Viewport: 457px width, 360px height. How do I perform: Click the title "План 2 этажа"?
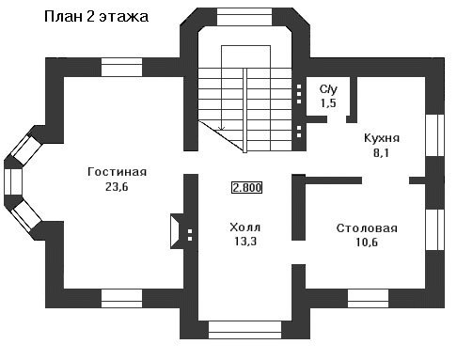[96, 17]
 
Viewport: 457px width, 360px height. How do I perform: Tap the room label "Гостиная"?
[117, 172]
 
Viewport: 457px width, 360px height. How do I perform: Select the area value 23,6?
[117, 187]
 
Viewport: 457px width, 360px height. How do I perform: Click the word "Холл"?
[244, 227]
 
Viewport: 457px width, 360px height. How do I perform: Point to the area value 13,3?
[245, 242]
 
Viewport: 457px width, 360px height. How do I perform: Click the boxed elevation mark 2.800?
[246, 187]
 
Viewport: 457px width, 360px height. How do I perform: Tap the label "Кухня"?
[382, 138]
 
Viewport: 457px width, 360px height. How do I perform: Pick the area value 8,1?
[381, 152]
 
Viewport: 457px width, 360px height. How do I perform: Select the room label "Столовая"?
[367, 228]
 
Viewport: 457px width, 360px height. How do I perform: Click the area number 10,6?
[367, 243]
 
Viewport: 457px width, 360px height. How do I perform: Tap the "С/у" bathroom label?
[328, 89]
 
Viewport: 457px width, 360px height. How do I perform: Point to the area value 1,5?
[328, 103]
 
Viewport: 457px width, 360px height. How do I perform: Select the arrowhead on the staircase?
[222, 128]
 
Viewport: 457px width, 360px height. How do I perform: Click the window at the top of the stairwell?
[244, 17]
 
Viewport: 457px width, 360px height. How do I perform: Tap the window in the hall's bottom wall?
[244, 330]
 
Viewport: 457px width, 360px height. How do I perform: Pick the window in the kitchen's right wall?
[434, 135]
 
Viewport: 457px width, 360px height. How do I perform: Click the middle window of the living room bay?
[13, 181]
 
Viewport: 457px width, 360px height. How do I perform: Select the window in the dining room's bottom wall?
[368, 298]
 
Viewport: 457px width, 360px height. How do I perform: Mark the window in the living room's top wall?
[121, 68]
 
